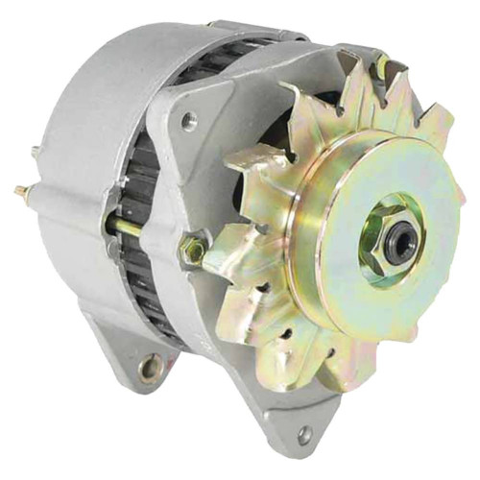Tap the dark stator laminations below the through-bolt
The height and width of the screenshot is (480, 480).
(144, 288)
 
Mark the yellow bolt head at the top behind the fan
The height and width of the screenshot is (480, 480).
(383, 67)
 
